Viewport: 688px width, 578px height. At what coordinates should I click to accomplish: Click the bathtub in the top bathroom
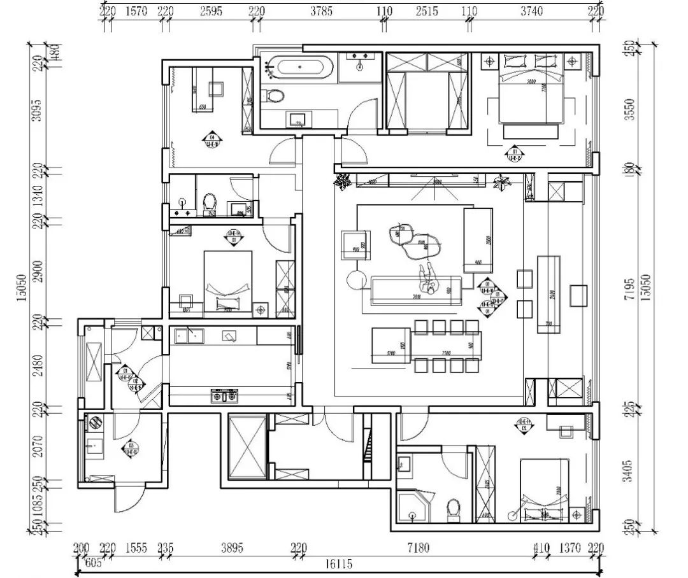click(298, 67)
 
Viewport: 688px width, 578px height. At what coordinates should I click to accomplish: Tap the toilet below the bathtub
click(274, 97)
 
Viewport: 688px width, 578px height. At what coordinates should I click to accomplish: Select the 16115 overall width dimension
click(338, 563)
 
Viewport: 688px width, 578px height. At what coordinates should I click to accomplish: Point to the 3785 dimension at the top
click(321, 11)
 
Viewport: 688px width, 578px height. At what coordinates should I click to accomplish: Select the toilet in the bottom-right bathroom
click(453, 509)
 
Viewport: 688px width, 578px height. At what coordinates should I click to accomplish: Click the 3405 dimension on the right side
click(629, 469)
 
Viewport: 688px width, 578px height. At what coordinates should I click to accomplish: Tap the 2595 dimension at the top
click(211, 11)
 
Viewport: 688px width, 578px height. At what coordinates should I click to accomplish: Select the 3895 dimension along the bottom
click(232, 547)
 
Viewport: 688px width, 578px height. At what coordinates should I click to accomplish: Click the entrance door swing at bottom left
click(127, 500)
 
